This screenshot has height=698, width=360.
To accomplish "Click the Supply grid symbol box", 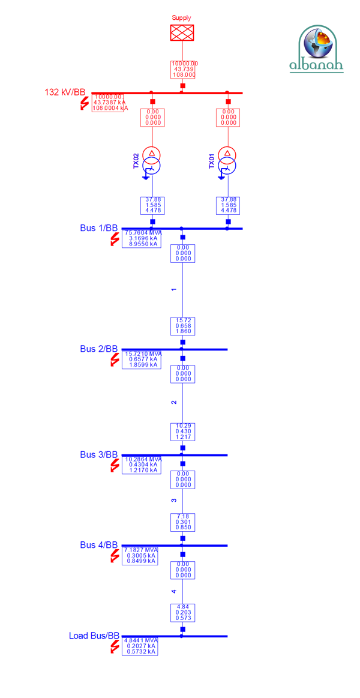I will [182, 32].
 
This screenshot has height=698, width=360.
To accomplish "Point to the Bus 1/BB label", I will [99, 228].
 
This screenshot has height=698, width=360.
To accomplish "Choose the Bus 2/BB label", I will [99, 349].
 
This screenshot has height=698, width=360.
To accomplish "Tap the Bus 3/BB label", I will [99, 454].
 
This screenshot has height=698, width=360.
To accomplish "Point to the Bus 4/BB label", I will [99, 545].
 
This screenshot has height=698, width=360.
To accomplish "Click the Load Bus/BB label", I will [94, 636].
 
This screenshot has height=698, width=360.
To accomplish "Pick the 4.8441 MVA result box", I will [140, 646].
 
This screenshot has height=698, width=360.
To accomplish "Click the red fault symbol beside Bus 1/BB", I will [115, 240].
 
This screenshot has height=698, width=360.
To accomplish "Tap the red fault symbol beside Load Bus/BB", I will [115, 648].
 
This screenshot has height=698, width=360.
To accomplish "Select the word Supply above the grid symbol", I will [181, 19].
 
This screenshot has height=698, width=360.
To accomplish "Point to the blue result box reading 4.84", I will [182, 612].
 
